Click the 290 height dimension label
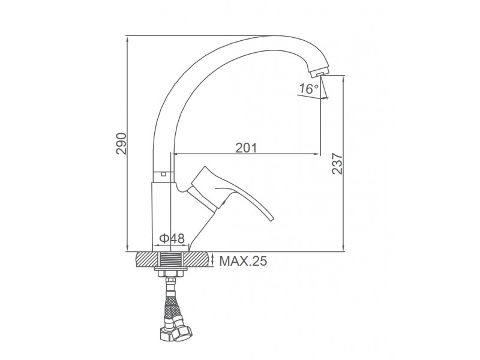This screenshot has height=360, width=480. pos(121,143)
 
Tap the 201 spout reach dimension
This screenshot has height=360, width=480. pos(246,148)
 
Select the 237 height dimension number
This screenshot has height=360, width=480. pos(337,163)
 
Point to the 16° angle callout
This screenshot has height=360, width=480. pos(309,89)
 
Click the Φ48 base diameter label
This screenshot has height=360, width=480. pos(172,238)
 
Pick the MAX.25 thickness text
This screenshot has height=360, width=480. pos(243,261)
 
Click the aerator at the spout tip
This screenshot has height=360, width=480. pos(319,73)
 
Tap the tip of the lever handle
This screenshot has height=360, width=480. pos(272,218)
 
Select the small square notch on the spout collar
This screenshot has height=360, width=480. pos(163,175)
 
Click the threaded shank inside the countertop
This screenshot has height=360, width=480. pos(171,260)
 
